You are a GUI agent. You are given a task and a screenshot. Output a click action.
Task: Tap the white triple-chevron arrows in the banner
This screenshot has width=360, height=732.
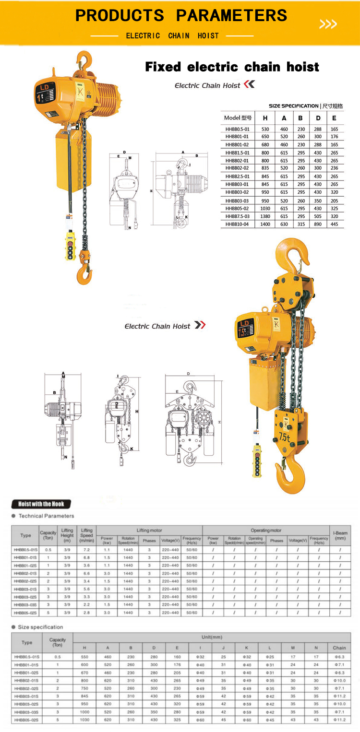(x=328, y=24)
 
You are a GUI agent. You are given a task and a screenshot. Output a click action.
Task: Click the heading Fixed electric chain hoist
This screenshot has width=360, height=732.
(x=232, y=67)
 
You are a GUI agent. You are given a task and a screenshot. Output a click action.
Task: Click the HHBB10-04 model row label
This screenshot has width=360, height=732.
(x=237, y=224)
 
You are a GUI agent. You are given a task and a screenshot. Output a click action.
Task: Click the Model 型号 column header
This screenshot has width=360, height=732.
(x=238, y=118)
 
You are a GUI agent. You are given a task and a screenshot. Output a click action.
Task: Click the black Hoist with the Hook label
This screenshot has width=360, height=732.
(x=41, y=504)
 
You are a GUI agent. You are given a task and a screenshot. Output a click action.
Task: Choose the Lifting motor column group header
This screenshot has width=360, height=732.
(x=149, y=530)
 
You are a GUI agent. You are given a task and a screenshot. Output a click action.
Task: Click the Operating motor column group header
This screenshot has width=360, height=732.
(x=266, y=530)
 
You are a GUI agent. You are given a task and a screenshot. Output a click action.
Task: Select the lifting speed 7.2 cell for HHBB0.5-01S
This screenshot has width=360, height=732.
(x=87, y=550)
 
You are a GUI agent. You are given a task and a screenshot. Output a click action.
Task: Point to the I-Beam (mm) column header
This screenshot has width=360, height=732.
(x=340, y=535)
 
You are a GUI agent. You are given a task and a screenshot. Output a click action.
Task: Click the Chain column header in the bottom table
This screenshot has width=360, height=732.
(x=339, y=647)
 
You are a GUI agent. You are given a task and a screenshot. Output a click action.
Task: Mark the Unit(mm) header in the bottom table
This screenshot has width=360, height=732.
(x=212, y=638)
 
